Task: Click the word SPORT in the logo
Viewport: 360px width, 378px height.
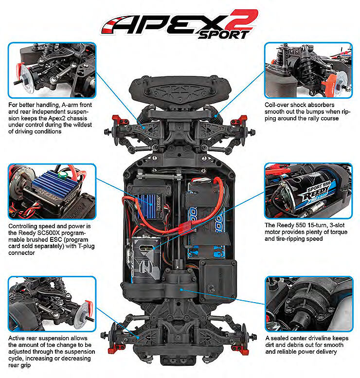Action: pos(223,35)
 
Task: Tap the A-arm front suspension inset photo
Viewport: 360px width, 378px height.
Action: pos(52,71)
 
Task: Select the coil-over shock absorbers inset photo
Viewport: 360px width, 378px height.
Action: pos(308,71)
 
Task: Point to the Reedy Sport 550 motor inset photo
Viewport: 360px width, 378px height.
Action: pos(308,191)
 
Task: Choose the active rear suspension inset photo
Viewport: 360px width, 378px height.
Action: pos(52,304)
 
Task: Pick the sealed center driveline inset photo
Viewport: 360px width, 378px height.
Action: pos(309,304)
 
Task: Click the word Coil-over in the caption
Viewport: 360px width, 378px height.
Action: pos(277,105)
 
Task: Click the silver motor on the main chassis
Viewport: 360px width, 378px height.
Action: pos(146,259)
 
